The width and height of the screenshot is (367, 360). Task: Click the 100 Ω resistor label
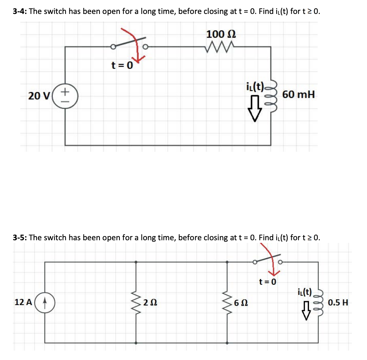(221, 34)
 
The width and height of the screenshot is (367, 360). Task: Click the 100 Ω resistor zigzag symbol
(221, 47)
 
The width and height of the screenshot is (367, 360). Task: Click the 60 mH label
(298, 95)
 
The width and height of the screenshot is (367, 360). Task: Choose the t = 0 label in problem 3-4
(122, 66)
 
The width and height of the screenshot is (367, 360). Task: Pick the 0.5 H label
(338, 302)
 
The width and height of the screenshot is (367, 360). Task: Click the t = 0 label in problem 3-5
(268, 282)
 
